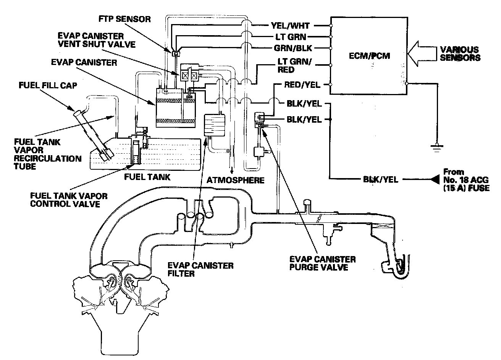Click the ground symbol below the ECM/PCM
(436, 147)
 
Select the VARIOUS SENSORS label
(460, 54)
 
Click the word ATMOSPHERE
(236, 180)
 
